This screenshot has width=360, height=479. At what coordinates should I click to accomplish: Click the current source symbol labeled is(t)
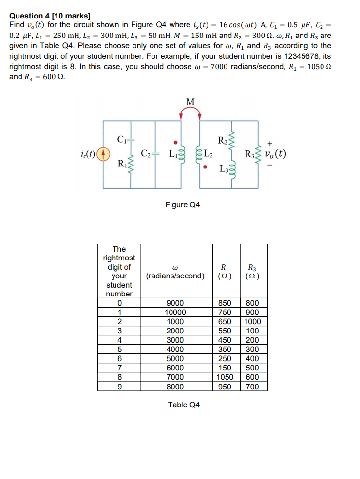[x=102, y=155]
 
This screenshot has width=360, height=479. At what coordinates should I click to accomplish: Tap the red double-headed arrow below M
[x=190, y=113]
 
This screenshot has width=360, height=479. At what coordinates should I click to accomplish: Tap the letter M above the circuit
[x=190, y=102]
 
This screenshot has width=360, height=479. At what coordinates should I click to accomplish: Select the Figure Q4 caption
[x=183, y=205]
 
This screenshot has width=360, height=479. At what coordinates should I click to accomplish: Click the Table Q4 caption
[x=184, y=405]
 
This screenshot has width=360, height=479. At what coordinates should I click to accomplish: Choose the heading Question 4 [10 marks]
[x=43, y=16]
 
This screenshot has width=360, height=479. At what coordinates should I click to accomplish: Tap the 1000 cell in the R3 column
[x=253, y=322]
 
